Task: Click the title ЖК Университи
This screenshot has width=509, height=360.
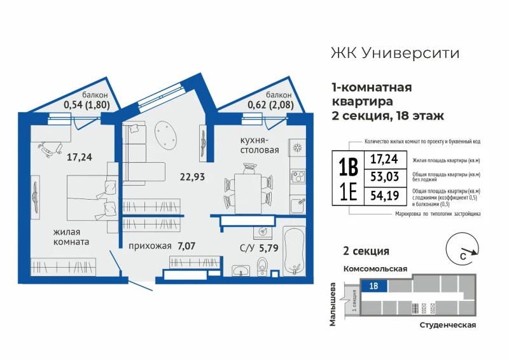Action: [395, 53]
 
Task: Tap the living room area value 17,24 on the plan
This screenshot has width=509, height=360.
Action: [79, 157]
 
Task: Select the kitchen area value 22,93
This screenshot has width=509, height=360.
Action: [193, 177]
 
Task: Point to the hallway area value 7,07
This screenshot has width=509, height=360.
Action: [186, 246]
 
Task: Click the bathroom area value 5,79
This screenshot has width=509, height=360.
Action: [268, 248]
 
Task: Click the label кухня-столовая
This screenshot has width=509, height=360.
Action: [260, 145]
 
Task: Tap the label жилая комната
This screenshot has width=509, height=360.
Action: [71, 237]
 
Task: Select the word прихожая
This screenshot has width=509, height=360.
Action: [150, 246]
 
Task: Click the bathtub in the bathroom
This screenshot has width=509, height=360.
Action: [295, 251]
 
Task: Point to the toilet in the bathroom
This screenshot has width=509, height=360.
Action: [262, 267]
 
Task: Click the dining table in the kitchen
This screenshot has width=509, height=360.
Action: [248, 193]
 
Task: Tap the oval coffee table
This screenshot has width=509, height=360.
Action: [165, 135]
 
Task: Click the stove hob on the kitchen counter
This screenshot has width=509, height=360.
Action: [298, 177]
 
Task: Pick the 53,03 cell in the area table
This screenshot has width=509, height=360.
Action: [386, 177]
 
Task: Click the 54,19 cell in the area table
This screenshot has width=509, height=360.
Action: [386, 196]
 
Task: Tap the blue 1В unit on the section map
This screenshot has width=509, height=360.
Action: [374, 286]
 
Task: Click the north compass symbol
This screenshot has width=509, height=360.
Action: [462, 249]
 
